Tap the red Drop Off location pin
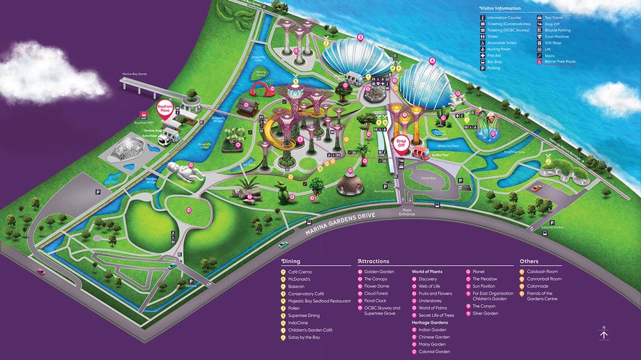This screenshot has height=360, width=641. click(x=401, y=143)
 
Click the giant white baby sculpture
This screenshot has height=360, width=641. click(x=183, y=172)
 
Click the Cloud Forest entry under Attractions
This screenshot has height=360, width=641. click(x=376, y=293)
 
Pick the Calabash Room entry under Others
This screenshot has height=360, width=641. click(x=542, y=272)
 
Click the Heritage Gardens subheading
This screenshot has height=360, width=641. click(x=430, y=323)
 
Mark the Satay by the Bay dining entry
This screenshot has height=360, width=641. click(x=306, y=337)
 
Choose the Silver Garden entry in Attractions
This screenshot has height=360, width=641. click(x=486, y=313)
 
